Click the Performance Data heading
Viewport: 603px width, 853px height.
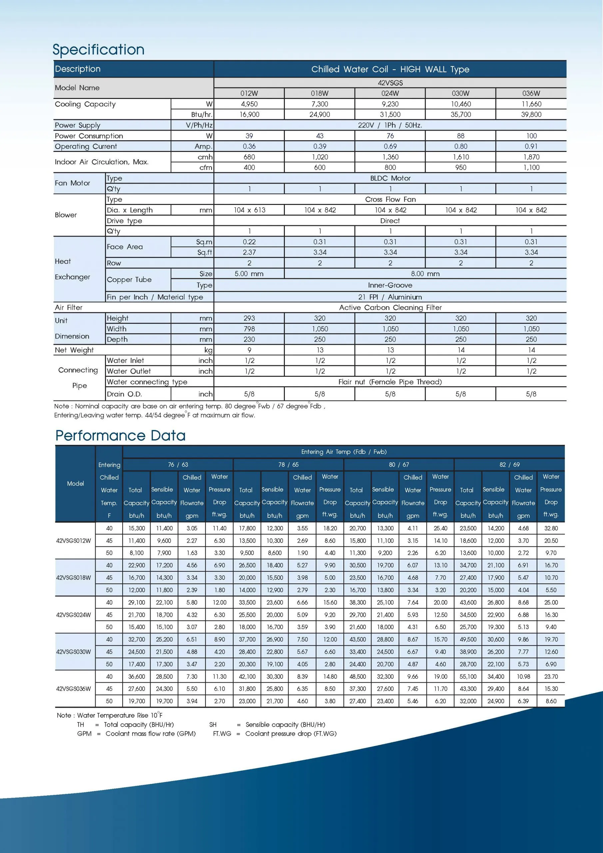[x=120, y=435]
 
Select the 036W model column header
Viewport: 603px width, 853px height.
[x=531, y=93]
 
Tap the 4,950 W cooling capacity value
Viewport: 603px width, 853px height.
[x=249, y=104]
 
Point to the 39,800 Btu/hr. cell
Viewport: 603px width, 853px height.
[x=531, y=114]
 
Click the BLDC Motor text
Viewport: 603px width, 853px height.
[x=390, y=178]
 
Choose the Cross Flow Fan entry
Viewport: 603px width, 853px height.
[x=390, y=200]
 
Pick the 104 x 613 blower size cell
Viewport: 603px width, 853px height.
[x=249, y=210]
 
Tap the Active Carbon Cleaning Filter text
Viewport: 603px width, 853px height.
[x=390, y=308]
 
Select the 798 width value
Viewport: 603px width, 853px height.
[x=249, y=329]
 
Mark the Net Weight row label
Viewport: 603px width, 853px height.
[x=74, y=350]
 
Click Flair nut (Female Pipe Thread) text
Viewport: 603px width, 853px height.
[x=390, y=382]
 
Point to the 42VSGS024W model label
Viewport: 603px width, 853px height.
[x=74, y=614]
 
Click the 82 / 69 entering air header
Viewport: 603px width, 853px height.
[x=509, y=465]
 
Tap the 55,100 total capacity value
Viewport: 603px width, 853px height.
[x=468, y=676]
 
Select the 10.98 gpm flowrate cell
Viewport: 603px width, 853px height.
[x=523, y=676]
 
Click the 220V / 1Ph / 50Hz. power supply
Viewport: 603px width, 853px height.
[x=390, y=125]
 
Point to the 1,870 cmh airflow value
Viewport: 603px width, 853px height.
[x=531, y=157]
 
